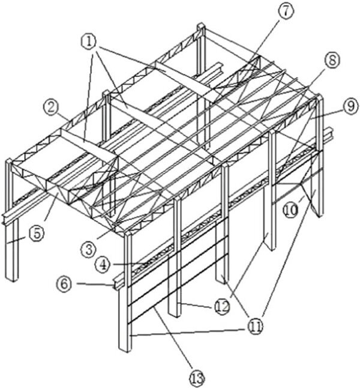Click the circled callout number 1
pyautogui.click(x=89, y=42)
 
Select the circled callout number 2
pyautogui.click(x=52, y=108)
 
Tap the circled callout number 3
pyautogui.click(x=89, y=250)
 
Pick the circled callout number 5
pyautogui.click(x=37, y=233)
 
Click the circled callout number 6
pyautogui.click(x=64, y=283)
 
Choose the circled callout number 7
pyautogui.click(x=286, y=11)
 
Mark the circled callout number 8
pyautogui.click(x=332, y=60)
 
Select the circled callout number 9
pyautogui.click(x=350, y=106)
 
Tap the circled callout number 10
pyautogui.click(x=291, y=210)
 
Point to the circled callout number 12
pyautogui.click(x=222, y=307)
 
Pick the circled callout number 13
pyautogui.click(x=197, y=378)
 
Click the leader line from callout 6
pyautogui.click(x=95, y=284)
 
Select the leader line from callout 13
pyautogui.click(x=173, y=338)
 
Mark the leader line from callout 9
pyautogui.click(x=326, y=114)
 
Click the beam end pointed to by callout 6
pyautogui.click(x=115, y=285)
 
